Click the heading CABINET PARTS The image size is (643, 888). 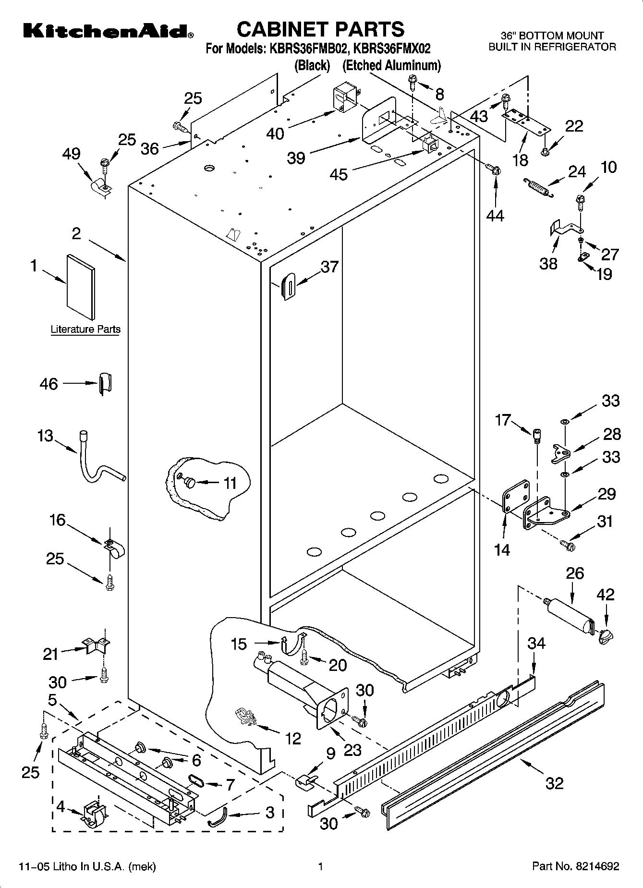point(321,29)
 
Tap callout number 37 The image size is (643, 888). point(329,267)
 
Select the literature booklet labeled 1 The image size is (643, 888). point(81,287)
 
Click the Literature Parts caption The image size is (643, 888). point(85,329)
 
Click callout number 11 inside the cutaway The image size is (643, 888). point(230,483)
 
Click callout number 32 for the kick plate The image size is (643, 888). point(554,783)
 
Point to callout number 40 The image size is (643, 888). point(275,134)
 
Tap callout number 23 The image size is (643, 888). point(352,750)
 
